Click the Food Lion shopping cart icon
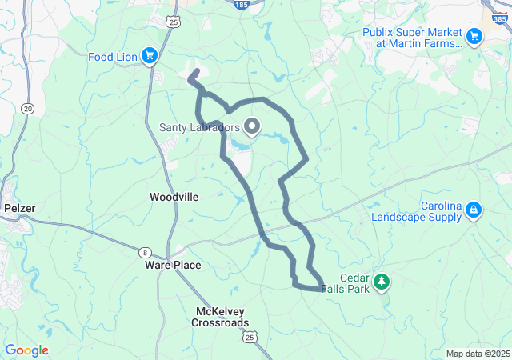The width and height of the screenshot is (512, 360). tap(149, 54)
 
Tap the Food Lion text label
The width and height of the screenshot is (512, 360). tap(113, 56)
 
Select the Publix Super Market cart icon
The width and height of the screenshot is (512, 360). tap(474, 35)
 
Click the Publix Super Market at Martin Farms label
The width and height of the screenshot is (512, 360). tap(412, 38)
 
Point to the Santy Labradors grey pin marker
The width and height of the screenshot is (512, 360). tap(252, 126)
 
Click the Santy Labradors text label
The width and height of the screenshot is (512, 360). tap(199, 127)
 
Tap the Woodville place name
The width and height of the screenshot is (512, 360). tap(174, 197)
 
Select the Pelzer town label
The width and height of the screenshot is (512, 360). tap(19, 208)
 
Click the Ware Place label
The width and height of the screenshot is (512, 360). tap(173, 265)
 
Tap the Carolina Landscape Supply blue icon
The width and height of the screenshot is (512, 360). tap(474, 210)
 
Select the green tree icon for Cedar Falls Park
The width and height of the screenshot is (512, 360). tap(382, 281)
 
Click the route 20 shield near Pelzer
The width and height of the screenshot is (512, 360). tap(29, 109)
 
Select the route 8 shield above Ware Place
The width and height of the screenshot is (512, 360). tap(144, 250)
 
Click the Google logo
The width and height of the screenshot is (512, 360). tap(26, 350)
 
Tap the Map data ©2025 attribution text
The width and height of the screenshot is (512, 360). tap(478, 354)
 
